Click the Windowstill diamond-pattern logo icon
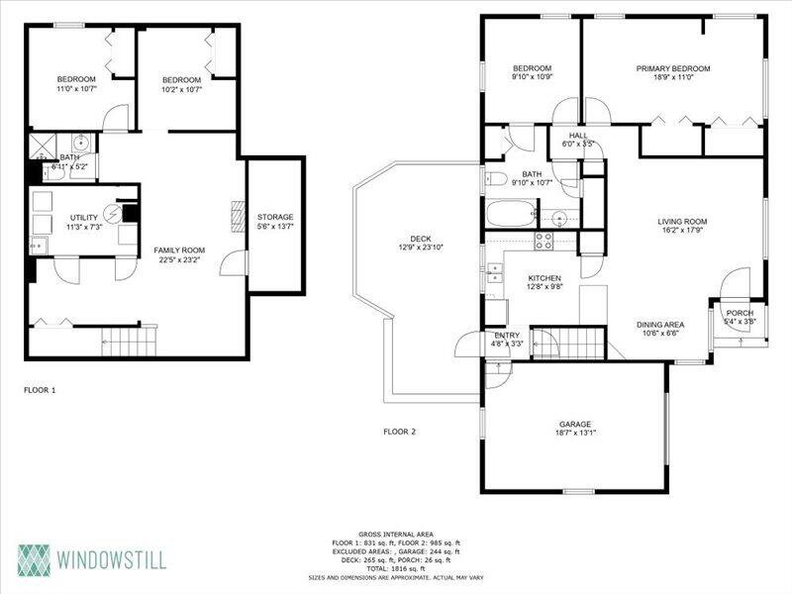(x=35, y=560)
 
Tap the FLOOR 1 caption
(x=40, y=390)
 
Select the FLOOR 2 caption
(x=400, y=432)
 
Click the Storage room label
(x=275, y=217)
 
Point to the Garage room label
(x=575, y=424)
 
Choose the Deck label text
(x=421, y=239)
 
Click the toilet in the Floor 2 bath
(x=496, y=178)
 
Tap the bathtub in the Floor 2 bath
(x=510, y=214)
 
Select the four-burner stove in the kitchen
(x=544, y=241)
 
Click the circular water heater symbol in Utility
(x=113, y=214)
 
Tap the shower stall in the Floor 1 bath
(x=43, y=147)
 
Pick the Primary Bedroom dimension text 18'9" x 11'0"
(x=673, y=77)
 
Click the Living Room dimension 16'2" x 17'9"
(x=682, y=230)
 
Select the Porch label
(x=740, y=313)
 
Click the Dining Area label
(x=660, y=325)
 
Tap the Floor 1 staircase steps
(x=130, y=342)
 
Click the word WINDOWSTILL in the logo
(x=111, y=560)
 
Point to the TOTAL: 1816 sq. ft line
(x=396, y=568)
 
